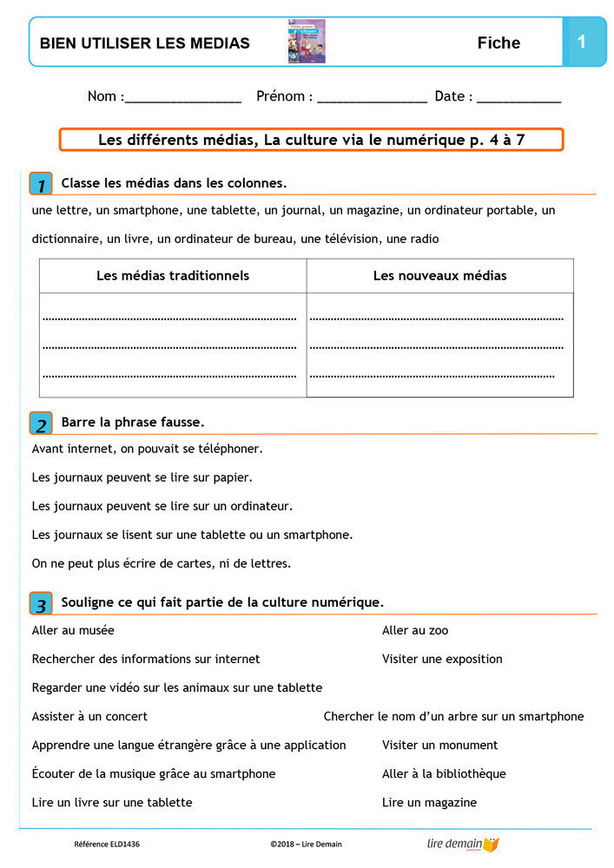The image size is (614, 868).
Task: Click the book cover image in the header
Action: pyautogui.click(x=306, y=42)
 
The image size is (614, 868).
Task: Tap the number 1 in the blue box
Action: pyautogui.click(x=582, y=42)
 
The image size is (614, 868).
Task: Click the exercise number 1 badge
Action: pyautogui.click(x=41, y=184)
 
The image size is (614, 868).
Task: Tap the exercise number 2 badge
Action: pyautogui.click(x=41, y=424)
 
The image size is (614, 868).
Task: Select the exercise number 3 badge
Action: pyautogui.click(x=41, y=603)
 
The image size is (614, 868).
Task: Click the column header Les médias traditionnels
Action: pyautogui.click(x=173, y=276)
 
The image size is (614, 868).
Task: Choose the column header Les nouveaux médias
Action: pyautogui.click(x=439, y=276)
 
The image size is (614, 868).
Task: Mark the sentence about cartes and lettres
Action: pyautogui.click(x=162, y=562)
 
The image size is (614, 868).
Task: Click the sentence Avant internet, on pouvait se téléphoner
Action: pyautogui.click(x=147, y=449)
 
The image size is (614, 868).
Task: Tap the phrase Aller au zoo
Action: pyautogui.click(x=415, y=630)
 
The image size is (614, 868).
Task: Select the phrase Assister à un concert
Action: pyautogui.click(x=89, y=716)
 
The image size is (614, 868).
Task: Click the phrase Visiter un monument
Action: pyautogui.click(x=439, y=745)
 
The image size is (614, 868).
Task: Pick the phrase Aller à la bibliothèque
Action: pyautogui.click(x=444, y=773)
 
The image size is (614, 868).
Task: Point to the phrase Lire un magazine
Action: pyautogui.click(x=429, y=802)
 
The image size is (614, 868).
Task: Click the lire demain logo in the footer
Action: pyautogui.click(x=463, y=844)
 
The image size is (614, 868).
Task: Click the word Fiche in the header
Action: pyautogui.click(x=498, y=43)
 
